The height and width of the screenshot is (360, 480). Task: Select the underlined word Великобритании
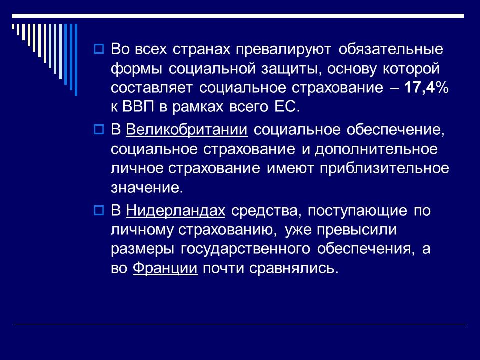[187, 130]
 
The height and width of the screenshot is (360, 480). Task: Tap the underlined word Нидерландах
[176, 211]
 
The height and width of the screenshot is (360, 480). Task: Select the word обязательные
[392, 50]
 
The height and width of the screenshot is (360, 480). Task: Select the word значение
[144, 188]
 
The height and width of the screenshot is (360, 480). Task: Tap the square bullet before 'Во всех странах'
[98, 50]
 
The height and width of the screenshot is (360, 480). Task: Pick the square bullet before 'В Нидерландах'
[98, 211]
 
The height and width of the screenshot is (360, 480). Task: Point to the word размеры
[144, 249]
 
